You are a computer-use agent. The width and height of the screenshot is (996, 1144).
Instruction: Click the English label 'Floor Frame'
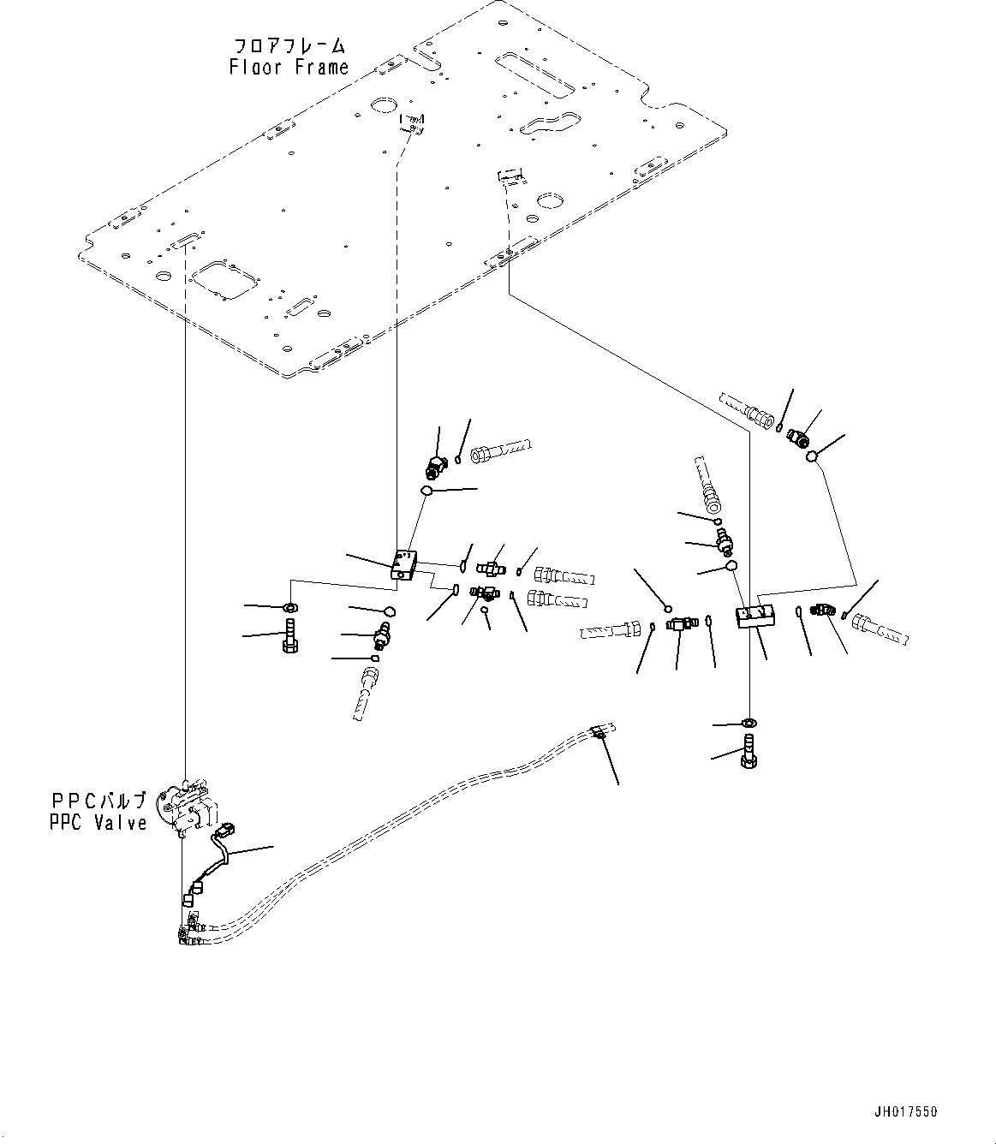click(289, 67)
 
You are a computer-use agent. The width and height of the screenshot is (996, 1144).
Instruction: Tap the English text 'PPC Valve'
click(98, 823)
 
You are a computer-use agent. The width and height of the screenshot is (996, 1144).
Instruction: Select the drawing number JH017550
click(906, 1112)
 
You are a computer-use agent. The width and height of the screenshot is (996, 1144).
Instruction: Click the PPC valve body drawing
click(188, 806)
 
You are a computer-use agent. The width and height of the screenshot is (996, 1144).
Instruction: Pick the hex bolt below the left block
click(289, 639)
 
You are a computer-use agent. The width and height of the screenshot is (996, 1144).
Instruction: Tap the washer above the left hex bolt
click(289, 608)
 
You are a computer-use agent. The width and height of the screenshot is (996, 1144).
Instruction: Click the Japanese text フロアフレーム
click(289, 45)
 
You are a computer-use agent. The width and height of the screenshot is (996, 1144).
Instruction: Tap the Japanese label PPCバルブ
click(98, 801)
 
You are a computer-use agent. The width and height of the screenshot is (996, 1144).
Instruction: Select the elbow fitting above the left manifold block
click(436, 466)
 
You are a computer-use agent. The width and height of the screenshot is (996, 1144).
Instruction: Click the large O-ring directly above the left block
click(426, 491)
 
